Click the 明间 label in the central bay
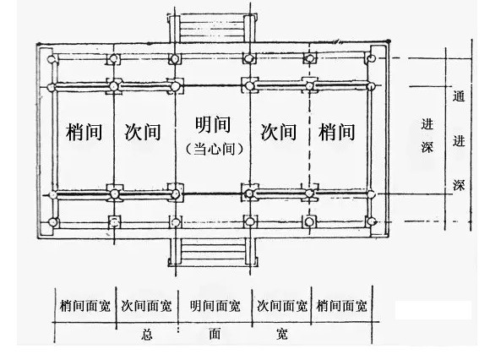click(x=213, y=125)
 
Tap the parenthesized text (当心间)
click(x=214, y=149)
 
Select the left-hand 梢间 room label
click(x=84, y=132)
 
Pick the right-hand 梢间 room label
click(x=336, y=132)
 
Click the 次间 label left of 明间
click(x=143, y=132)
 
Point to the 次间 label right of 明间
click(x=279, y=132)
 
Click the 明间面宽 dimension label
click(x=215, y=306)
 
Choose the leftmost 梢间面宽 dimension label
click(x=85, y=306)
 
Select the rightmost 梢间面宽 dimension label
click(x=341, y=306)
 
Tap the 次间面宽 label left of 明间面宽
click(x=146, y=306)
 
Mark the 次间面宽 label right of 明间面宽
click(x=282, y=306)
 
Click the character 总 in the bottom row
click(x=146, y=335)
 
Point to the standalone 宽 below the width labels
click(x=282, y=334)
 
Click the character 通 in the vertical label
click(x=459, y=96)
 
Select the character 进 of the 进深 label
click(x=427, y=124)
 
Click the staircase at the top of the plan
click(x=212, y=29)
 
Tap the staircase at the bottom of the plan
click(x=213, y=252)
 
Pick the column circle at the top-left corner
click(x=52, y=59)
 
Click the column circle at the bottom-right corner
click(x=371, y=221)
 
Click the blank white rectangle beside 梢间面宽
click(x=433, y=310)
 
